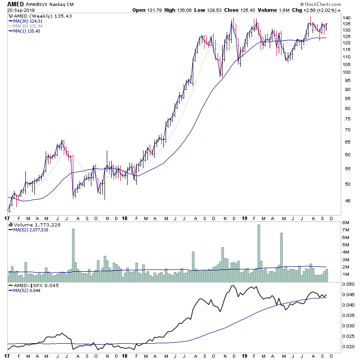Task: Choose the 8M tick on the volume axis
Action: pyautogui.click(x=345, y=223)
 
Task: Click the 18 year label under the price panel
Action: pyautogui.click(x=125, y=218)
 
